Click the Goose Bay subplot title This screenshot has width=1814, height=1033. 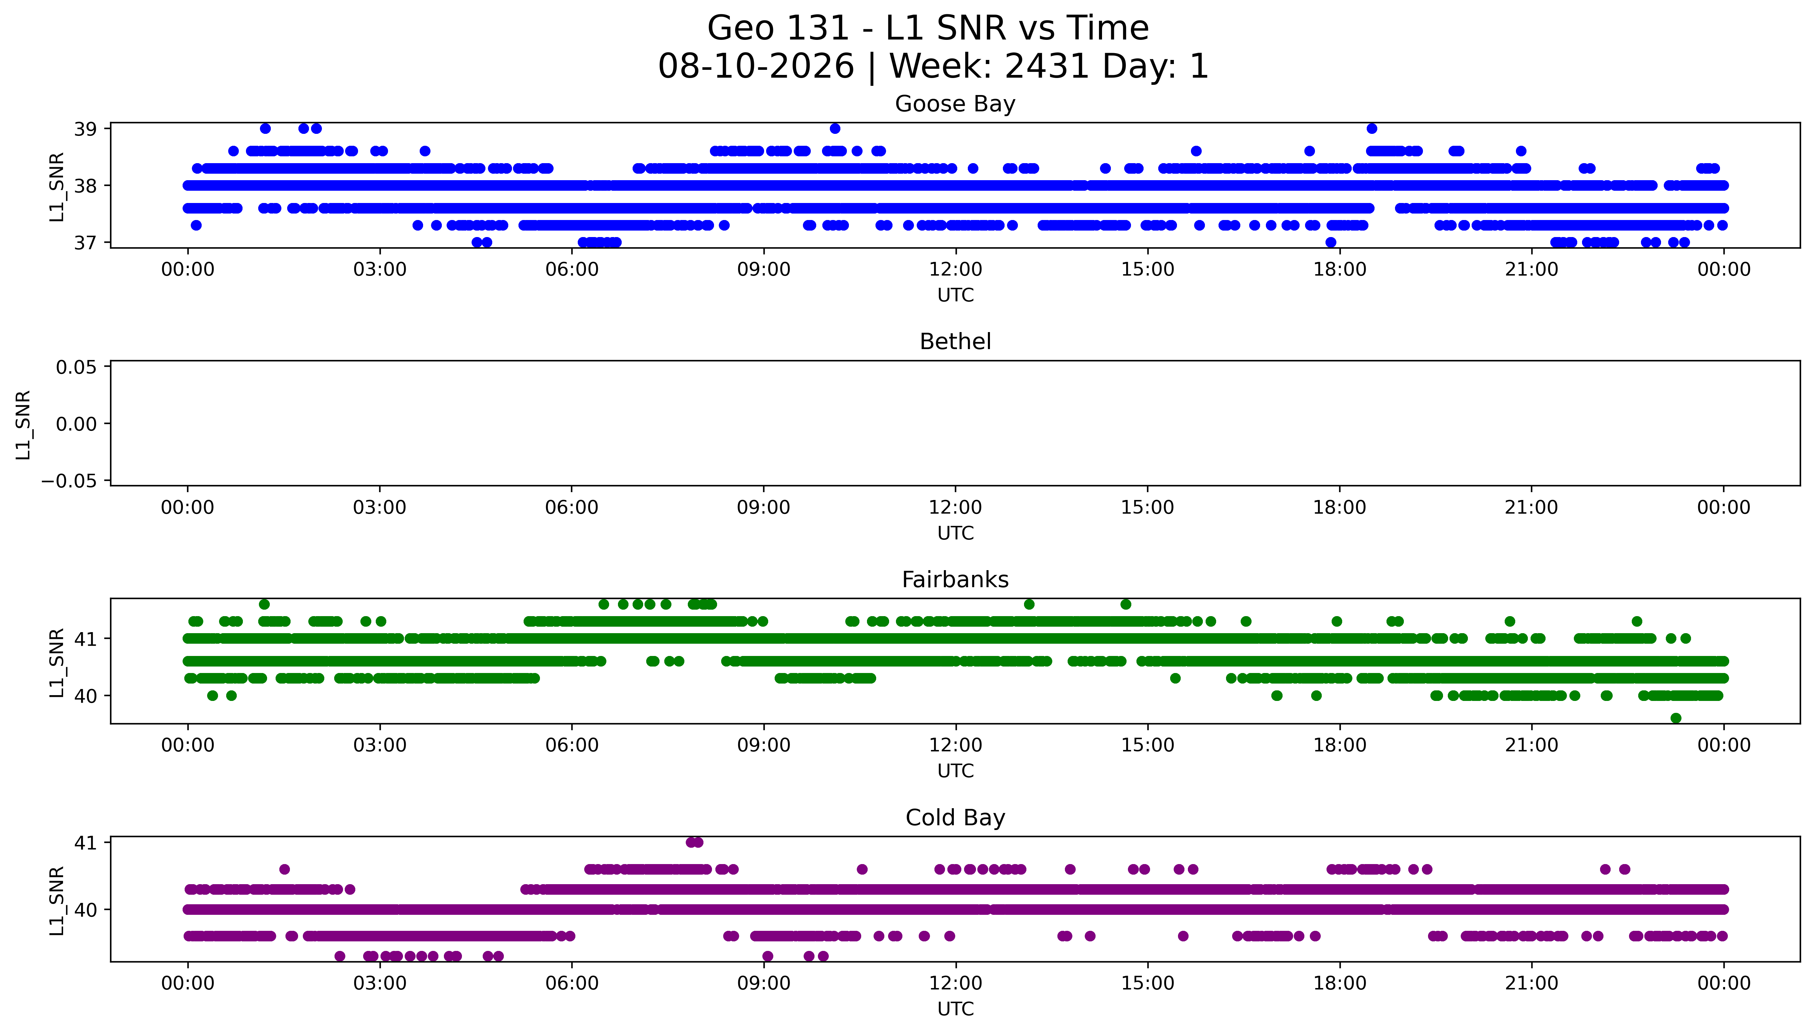click(955, 104)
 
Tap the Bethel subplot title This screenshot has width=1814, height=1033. click(955, 342)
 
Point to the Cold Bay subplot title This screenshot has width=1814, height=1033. click(955, 818)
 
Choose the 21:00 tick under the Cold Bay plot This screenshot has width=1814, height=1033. click(1532, 983)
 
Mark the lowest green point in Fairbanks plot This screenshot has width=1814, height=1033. click(1676, 718)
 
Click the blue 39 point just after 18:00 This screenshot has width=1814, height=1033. click(1371, 128)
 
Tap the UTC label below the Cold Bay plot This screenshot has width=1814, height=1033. click(955, 1009)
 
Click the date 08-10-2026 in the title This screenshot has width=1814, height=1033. click(756, 67)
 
